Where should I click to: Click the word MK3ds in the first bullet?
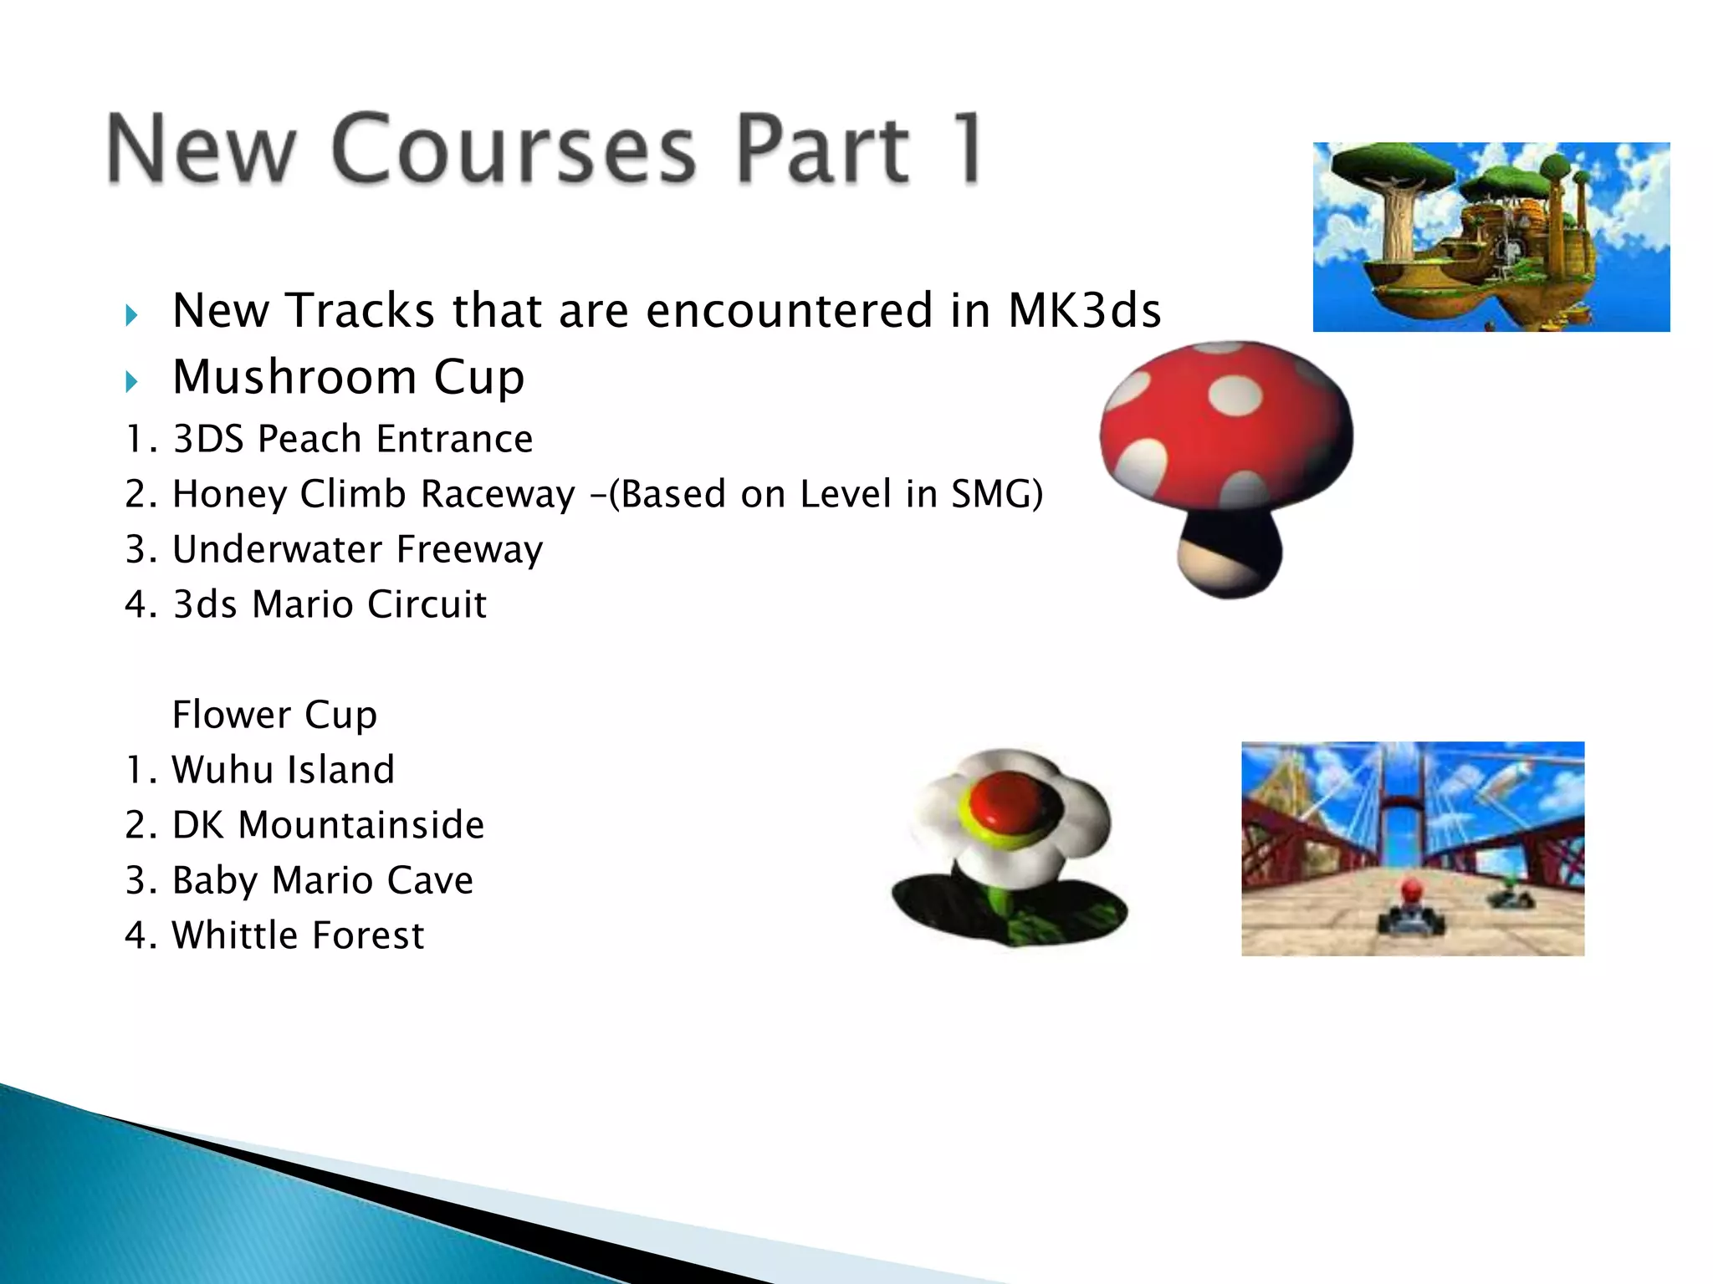click(x=1084, y=310)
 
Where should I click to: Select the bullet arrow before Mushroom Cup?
click(x=131, y=382)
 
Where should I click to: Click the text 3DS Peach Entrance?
click(x=352, y=439)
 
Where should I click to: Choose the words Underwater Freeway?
click(x=357, y=549)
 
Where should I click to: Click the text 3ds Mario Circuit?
click(x=329, y=604)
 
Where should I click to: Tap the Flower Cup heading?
click(x=274, y=715)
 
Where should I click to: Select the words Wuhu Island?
click(x=283, y=770)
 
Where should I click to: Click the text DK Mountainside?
click(x=328, y=825)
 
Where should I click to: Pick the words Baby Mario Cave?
click(x=322, y=880)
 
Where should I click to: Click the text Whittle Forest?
click(x=298, y=935)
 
